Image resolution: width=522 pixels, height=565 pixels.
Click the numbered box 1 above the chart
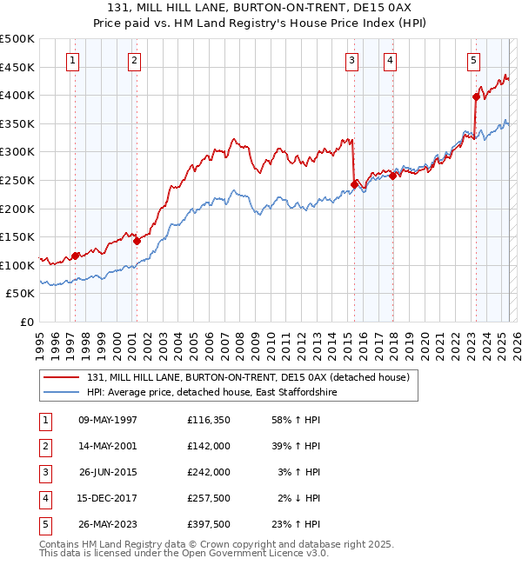[x=71, y=60]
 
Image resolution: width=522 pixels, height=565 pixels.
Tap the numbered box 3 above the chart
[x=351, y=60]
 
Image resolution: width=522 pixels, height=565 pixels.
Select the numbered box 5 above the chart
[x=473, y=60]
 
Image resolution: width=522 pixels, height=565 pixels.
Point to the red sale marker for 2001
[x=137, y=242]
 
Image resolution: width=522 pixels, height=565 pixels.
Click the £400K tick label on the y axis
[x=17, y=95]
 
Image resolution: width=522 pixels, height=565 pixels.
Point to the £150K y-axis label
[x=17, y=236]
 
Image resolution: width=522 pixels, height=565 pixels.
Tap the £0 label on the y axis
[x=27, y=322]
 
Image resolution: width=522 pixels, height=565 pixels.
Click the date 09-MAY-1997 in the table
[x=108, y=420]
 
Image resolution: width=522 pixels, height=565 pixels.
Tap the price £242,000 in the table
[x=208, y=472]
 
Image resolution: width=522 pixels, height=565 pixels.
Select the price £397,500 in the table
[x=208, y=524]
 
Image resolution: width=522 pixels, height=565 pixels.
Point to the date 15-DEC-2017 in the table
[x=108, y=498]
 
